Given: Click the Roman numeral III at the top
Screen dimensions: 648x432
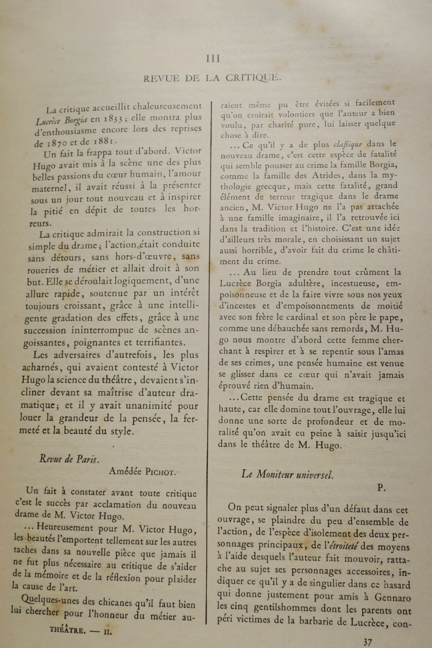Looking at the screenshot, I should (x=213, y=59).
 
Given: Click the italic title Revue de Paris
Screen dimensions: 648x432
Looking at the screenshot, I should (x=69, y=459).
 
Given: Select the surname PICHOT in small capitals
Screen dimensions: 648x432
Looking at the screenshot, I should (x=159, y=471).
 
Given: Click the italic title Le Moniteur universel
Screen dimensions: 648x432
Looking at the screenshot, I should (x=287, y=474).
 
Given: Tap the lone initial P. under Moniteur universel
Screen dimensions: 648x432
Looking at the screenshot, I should (x=381, y=488).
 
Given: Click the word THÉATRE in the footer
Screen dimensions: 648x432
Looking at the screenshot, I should (x=68, y=630).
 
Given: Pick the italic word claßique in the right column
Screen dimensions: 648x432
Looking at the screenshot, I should (x=347, y=145).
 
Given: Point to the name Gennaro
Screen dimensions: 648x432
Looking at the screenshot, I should (x=392, y=597).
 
